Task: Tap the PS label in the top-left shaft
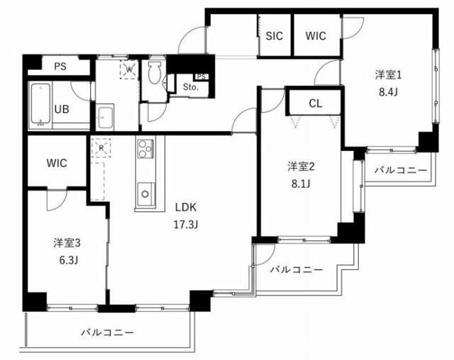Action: pyautogui.click(x=60, y=67)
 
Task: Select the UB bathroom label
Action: pyautogui.click(x=63, y=109)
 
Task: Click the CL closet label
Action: pyautogui.click(x=315, y=103)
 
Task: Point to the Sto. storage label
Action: pyautogui.click(x=191, y=87)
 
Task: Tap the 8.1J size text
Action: pyautogui.click(x=300, y=183)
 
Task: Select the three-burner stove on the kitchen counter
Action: pyautogui.click(x=145, y=150)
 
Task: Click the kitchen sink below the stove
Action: pyautogui.click(x=146, y=192)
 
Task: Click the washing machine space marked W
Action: pyautogui.click(x=129, y=69)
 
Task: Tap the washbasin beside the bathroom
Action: pyautogui.click(x=106, y=116)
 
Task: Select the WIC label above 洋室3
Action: pyautogui.click(x=57, y=162)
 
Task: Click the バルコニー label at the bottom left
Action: pyautogui.click(x=107, y=331)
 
